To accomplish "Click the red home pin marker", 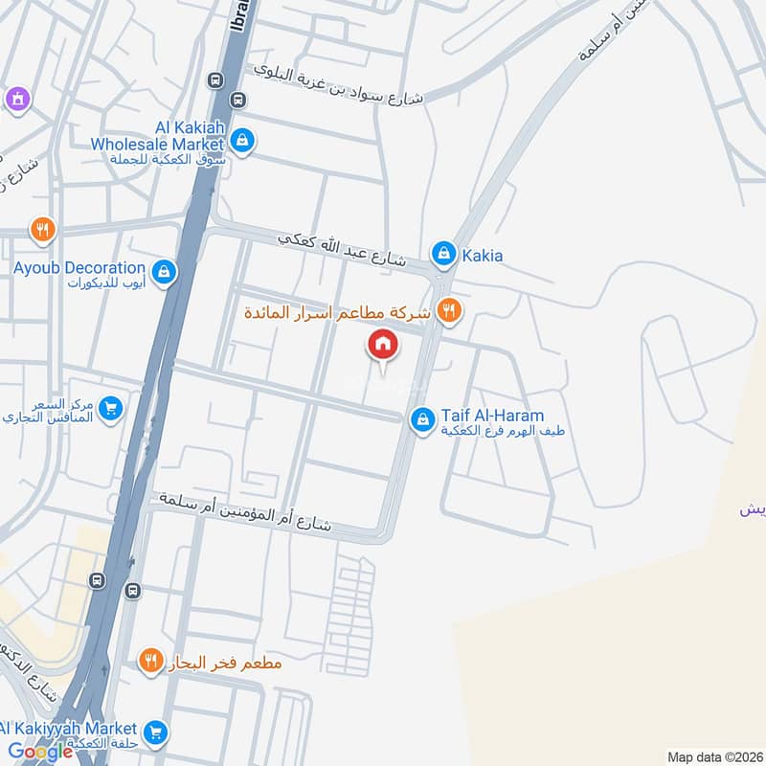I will coord(382,345).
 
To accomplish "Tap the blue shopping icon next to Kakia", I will coord(442,254).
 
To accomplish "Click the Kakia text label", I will coord(482,256).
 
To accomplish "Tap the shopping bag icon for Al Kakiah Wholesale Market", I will coord(243,141).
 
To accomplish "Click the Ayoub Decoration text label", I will coord(79,268).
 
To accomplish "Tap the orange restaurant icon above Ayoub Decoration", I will coord(41,230).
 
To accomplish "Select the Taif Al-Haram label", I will coord(492,416).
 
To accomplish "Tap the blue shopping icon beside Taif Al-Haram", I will coord(422,419).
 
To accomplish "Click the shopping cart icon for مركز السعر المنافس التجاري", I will coord(111,409).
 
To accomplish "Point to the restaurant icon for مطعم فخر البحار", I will coord(150,660).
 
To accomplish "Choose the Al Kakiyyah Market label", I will coord(69,729).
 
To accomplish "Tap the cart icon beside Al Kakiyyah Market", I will coord(157,733).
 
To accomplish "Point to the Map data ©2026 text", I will coord(713,757).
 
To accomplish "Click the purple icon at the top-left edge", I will coord(16,98).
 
